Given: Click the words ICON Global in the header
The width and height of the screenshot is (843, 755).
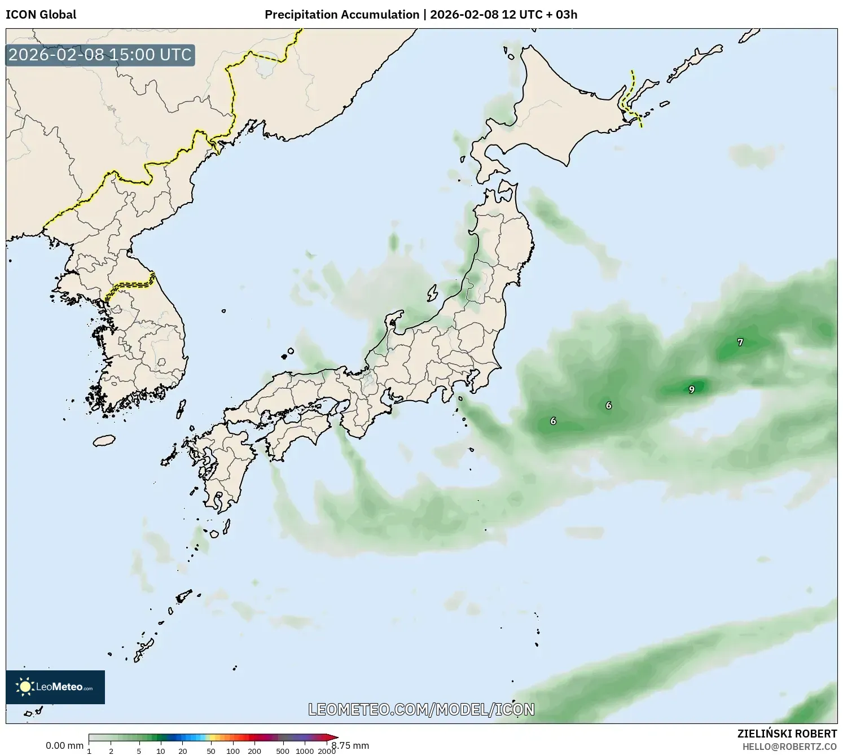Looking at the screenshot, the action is [x=41, y=15].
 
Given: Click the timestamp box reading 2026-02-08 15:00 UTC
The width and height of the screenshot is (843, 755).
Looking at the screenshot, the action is [x=100, y=55].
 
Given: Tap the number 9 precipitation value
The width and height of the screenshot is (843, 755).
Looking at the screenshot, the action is [x=692, y=389].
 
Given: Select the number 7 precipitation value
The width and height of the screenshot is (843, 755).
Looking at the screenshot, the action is [x=740, y=342].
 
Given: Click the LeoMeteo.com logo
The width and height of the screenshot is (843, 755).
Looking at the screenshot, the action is [x=55, y=687].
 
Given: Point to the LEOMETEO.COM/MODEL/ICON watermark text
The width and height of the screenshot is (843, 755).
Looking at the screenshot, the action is [x=421, y=709].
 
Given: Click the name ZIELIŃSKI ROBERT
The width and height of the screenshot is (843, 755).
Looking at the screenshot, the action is [x=787, y=734].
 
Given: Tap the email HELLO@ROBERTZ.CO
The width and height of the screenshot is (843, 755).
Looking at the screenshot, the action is [x=789, y=747].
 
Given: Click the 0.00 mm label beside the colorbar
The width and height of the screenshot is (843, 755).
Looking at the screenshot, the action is [x=64, y=745].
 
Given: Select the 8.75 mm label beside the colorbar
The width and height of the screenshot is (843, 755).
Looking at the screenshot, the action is [x=351, y=745].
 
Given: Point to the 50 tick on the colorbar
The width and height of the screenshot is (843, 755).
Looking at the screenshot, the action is [x=211, y=750].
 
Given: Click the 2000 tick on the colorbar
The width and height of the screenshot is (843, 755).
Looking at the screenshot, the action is [x=327, y=750].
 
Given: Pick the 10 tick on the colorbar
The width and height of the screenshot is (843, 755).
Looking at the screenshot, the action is [x=161, y=750].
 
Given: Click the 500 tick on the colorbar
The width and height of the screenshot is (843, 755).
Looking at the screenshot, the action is [x=283, y=750].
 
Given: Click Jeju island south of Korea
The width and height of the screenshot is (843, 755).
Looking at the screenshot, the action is [x=104, y=440].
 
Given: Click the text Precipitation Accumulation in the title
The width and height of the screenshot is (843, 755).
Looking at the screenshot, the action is [x=342, y=15].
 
